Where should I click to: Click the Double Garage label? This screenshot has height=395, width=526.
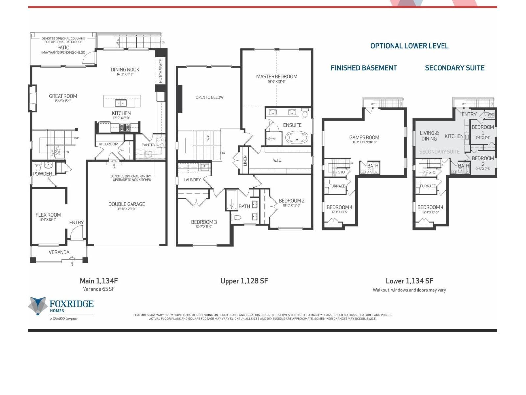pyautogui.click(x=127, y=204)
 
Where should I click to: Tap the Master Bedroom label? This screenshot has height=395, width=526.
pyautogui.click(x=276, y=76)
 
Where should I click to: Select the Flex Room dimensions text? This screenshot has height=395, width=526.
pyautogui.click(x=48, y=219)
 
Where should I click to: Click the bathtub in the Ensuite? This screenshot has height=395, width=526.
pyautogui.click(x=297, y=138)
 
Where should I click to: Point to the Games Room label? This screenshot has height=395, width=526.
pyautogui.click(x=364, y=137)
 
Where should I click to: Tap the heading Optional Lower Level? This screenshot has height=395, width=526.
pyautogui.click(x=409, y=46)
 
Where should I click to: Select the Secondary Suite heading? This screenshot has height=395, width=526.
pyautogui.click(x=455, y=68)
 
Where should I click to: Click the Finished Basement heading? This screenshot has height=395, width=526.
pyautogui.click(x=364, y=68)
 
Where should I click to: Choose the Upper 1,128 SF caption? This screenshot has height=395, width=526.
pyautogui.click(x=244, y=281)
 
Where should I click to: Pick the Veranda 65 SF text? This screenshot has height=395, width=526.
pyautogui.click(x=99, y=289)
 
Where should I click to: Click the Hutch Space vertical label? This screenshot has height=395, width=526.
pyautogui.click(x=161, y=70)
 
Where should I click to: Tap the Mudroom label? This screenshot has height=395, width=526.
pyautogui.click(x=108, y=144)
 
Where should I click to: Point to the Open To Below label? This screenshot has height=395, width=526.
pyautogui.click(x=209, y=97)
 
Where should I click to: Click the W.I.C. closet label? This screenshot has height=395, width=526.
pyautogui.click(x=277, y=160)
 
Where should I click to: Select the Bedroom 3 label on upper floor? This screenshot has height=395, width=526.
pyautogui.click(x=204, y=222)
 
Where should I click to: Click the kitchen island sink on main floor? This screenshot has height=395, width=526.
pyautogui.click(x=121, y=103)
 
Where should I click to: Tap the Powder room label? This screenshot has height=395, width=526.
pyautogui.click(x=42, y=174)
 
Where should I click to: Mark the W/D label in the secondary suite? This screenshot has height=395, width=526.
pyautogui.click(x=490, y=115)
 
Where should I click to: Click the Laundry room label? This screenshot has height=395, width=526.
pyautogui.click(x=192, y=180)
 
